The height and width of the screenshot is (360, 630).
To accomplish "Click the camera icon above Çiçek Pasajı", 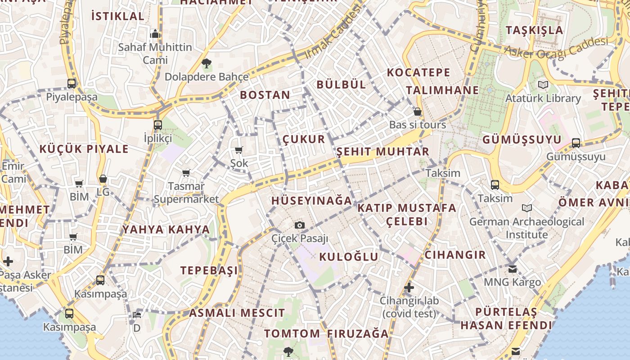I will pyautogui.click(x=299, y=225).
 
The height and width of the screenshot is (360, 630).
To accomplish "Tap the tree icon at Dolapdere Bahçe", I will pyautogui.click(x=207, y=63).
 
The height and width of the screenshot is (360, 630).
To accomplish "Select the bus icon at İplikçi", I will pyautogui.click(x=157, y=125).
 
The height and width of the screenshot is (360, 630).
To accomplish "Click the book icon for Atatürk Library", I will pyautogui.click(x=543, y=85).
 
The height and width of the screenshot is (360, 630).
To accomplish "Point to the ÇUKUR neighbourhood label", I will pyautogui.click(x=304, y=139).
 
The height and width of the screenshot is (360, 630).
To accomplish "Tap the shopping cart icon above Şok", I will pyautogui.click(x=238, y=150).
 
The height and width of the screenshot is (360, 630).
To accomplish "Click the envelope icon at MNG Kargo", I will pyautogui.click(x=513, y=269).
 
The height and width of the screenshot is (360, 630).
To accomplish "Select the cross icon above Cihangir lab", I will pyautogui.click(x=409, y=287).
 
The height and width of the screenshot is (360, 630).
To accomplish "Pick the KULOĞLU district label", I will pyautogui.click(x=349, y=257).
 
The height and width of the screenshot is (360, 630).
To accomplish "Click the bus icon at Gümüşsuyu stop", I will pyautogui.click(x=576, y=143).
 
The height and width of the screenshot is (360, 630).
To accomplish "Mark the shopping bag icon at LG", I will pyautogui.click(x=103, y=179).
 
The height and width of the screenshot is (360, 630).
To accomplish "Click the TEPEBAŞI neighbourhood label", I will pyautogui.click(x=209, y=270).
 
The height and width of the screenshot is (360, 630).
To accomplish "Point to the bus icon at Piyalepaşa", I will pyautogui.click(x=72, y=83).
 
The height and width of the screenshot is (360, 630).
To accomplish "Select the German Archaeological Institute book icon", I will pyautogui.click(x=526, y=208).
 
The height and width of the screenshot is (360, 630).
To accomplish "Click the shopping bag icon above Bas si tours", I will pyautogui.click(x=418, y=112).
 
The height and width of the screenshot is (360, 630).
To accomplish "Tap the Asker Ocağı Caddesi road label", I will pyautogui.click(x=556, y=48).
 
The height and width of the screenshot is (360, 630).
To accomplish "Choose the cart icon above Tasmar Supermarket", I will pyautogui.click(x=186, y=173).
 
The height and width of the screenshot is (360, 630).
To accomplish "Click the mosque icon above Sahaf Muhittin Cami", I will pyautogui.click(x=155, y=34).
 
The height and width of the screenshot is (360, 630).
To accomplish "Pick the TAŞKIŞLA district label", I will pyautogui.click(x=534, y=30).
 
